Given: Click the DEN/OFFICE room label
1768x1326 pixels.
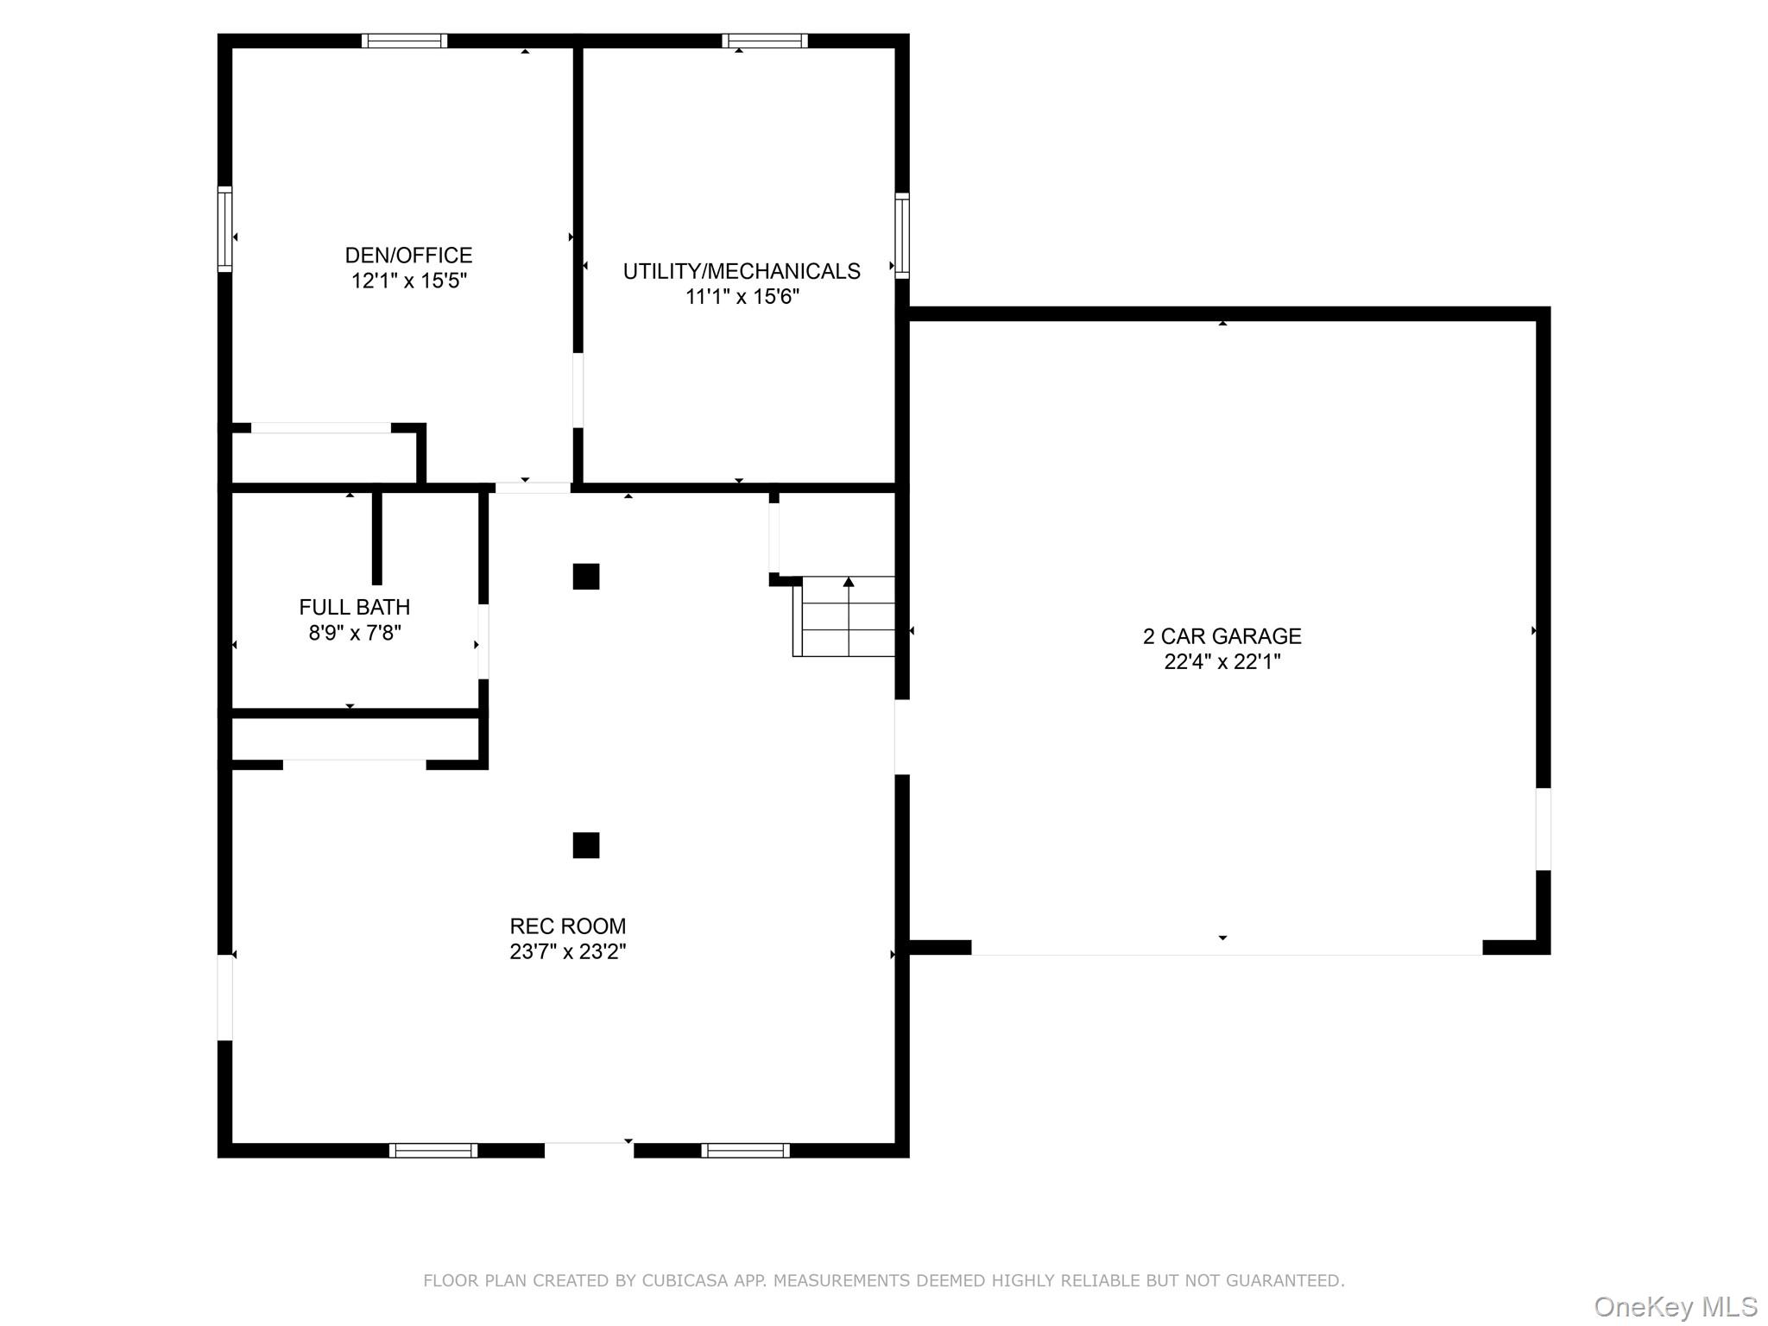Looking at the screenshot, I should click(408, 256).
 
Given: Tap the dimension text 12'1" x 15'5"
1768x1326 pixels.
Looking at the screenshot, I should click(408, 281).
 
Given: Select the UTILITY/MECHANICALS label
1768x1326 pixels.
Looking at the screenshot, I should click(742, 271).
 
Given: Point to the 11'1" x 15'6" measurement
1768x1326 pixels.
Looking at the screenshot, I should click(742, 297).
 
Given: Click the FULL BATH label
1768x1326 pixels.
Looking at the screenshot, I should click(354, 607).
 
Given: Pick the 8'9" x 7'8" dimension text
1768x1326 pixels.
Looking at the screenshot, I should click(354, 633).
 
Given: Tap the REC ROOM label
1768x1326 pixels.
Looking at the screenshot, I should click(567, 926).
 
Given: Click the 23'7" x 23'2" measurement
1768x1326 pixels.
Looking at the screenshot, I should click(567, 952).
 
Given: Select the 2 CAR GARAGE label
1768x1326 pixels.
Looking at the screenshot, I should click(1222, 636).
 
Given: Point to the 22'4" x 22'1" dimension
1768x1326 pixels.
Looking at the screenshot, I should click(1222, 662).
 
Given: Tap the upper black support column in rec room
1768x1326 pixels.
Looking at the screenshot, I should click(586, 576).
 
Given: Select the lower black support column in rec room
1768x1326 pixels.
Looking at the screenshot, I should click(586, 845).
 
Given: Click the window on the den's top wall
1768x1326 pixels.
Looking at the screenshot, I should click(404, 41).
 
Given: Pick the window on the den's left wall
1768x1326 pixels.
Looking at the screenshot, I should click(224, 229).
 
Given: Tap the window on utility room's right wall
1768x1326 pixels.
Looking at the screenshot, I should click(902, 236).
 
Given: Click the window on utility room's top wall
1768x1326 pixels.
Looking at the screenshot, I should click(765, 41).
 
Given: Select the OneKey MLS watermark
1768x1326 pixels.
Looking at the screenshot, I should click(1675, 1307).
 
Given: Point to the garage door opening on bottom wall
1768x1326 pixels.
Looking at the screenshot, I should click(1226, 948).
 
